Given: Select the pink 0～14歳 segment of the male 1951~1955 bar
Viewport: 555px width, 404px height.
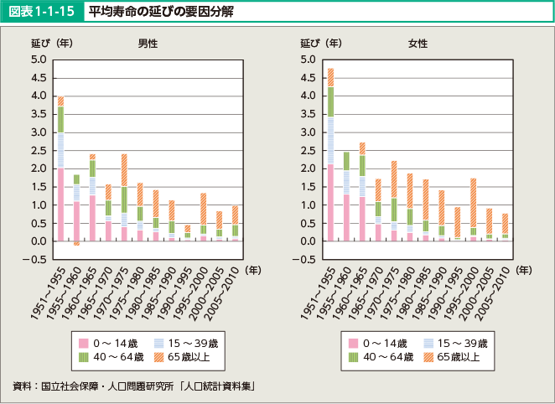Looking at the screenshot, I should coord(60,205).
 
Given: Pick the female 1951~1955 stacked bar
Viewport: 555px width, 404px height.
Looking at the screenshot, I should coord(330,154).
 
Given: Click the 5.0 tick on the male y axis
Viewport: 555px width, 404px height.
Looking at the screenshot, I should coord(39,60).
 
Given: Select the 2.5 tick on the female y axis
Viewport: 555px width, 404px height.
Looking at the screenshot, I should coord(308,150).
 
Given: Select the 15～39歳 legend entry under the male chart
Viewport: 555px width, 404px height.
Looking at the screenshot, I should coord(183,342).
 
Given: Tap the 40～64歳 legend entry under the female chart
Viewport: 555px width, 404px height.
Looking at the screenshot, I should coord(376,357).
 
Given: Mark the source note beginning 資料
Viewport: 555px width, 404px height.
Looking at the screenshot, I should coord(134,386).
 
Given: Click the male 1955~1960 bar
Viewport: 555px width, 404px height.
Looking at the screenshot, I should coord(76,210).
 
